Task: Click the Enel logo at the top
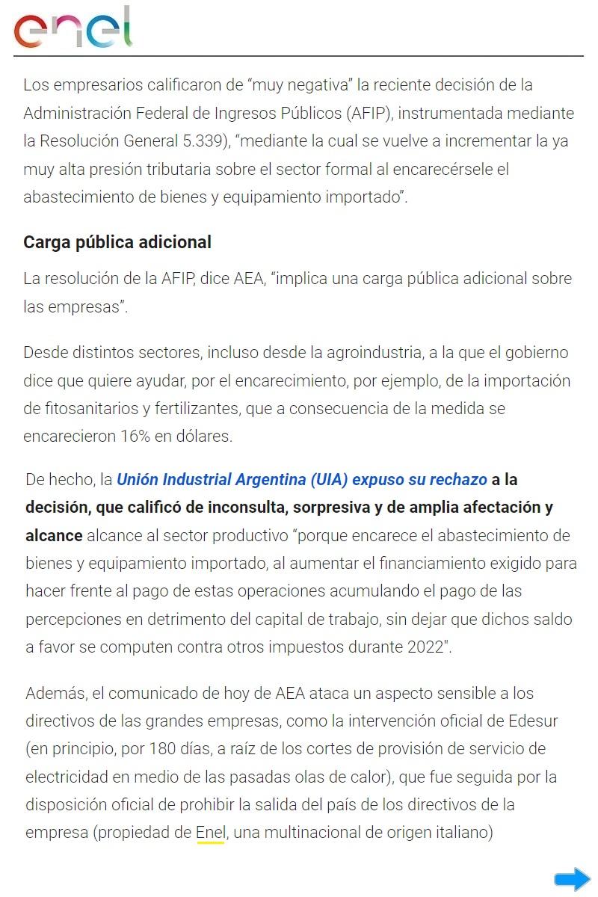pyautogui.click(x=73, y=28)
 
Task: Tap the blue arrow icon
pyautogui.click(x=572, y=880)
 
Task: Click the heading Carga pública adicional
pyautogui.click(x=117, y=242)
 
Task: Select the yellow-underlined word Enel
pyautogui.click(x=210, y=833)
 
